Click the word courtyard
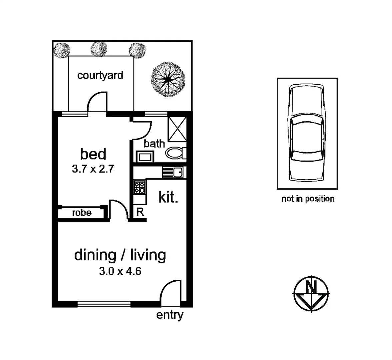[x=100, y=75]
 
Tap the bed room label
[x=93, y=154]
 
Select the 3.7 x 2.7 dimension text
[x=93, y=169]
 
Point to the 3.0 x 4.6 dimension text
[x=120, y=271]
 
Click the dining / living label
[x=120, y=255]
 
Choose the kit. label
[x=168, y=197]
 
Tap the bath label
[x=154, y=144]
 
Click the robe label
[x=82, y=213]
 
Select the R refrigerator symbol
[x=140, y=212]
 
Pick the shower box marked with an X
[x=177, y=130]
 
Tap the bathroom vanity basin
[x=145, y=156]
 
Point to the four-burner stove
[x=139, y=187]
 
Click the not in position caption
[x=308, y=199]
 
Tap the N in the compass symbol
[x=311, y=286]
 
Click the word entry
[x=170, y=315]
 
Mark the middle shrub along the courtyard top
[x=99, y=49]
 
